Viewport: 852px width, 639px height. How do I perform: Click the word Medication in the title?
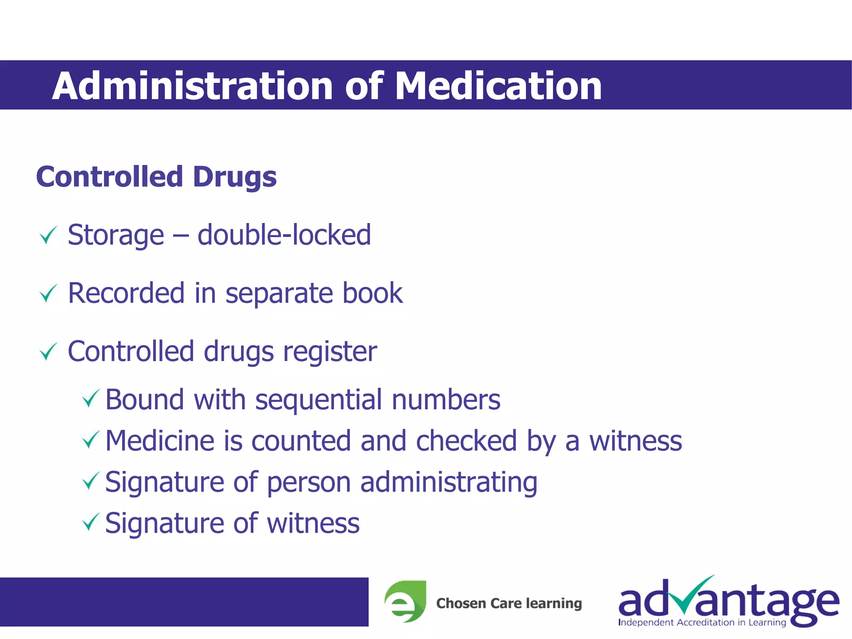[498, 86]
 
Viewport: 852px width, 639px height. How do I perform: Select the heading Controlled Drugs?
[156, 177]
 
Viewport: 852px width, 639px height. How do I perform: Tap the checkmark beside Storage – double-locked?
[48, 235]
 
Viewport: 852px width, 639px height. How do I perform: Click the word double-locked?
[284, 235]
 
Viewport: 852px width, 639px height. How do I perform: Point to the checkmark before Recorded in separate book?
[48, 294]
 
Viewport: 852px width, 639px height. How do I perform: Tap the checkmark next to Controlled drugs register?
[48, 352]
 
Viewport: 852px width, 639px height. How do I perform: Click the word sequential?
[318, 400]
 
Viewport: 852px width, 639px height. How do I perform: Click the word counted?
[301, 441]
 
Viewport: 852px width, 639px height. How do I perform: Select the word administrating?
[448, 483]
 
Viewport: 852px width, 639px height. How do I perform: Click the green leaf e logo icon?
[405, 602]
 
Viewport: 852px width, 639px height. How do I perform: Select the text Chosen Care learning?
[509, 603]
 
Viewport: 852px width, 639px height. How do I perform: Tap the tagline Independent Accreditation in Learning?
[702, 622]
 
